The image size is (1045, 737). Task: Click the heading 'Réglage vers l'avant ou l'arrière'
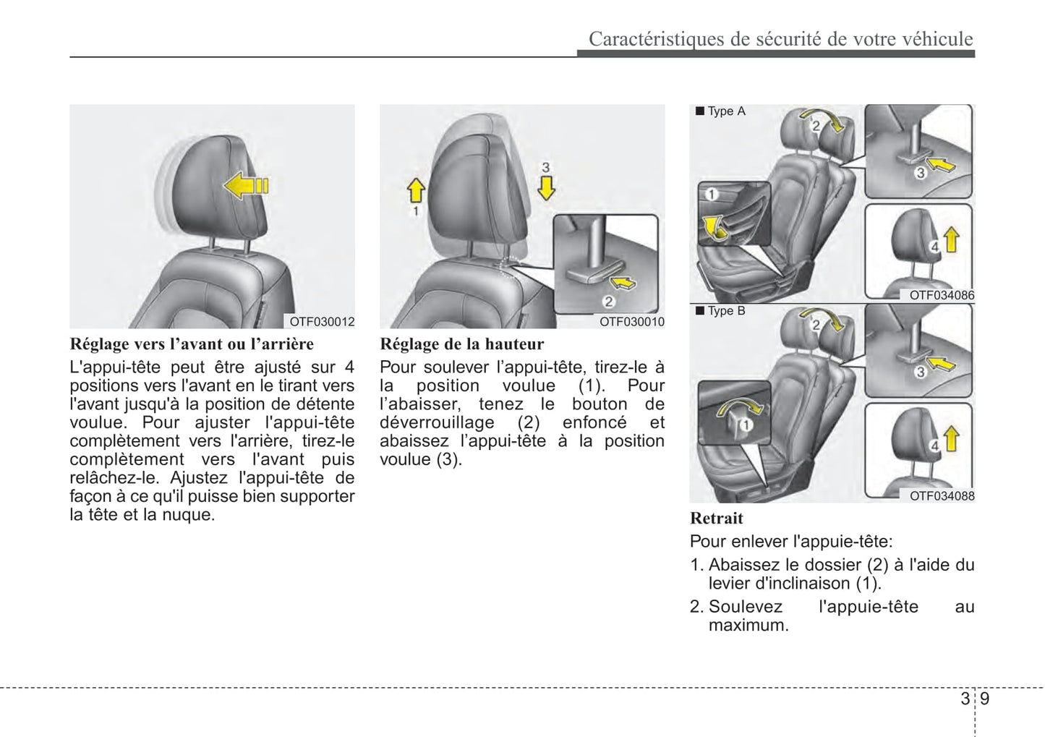(192, 344)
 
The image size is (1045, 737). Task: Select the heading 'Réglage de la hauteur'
(461, 344)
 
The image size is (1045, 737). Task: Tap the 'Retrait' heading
(716, 518)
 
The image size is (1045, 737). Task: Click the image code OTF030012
(322, 322)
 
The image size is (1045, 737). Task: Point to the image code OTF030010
(631, 322)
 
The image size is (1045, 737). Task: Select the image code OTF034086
(942, 295)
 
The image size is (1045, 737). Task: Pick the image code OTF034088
(942, 495)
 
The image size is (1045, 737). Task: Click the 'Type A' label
(725, 111)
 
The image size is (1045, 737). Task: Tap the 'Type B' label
(725, 311)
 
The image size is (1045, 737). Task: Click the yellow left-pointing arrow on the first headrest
(245, 187)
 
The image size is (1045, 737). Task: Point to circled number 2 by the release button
(609, 302)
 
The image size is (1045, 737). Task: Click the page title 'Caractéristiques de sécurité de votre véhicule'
(780, 39)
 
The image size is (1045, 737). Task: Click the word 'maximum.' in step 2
(748, 625)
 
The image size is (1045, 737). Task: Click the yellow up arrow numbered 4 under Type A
(952, 238)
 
